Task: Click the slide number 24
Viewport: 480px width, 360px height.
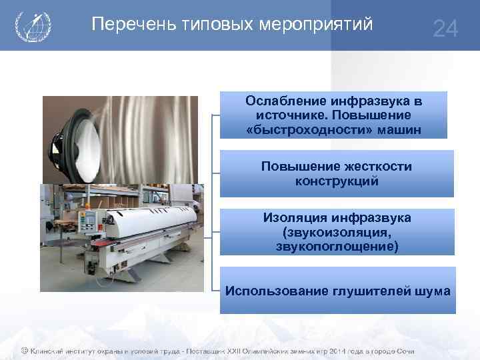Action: (445, 29)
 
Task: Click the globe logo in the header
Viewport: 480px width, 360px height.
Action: (32, 26)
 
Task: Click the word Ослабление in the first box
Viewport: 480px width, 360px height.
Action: (285, 101)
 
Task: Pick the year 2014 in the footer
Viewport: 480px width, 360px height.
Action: (317, 351)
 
